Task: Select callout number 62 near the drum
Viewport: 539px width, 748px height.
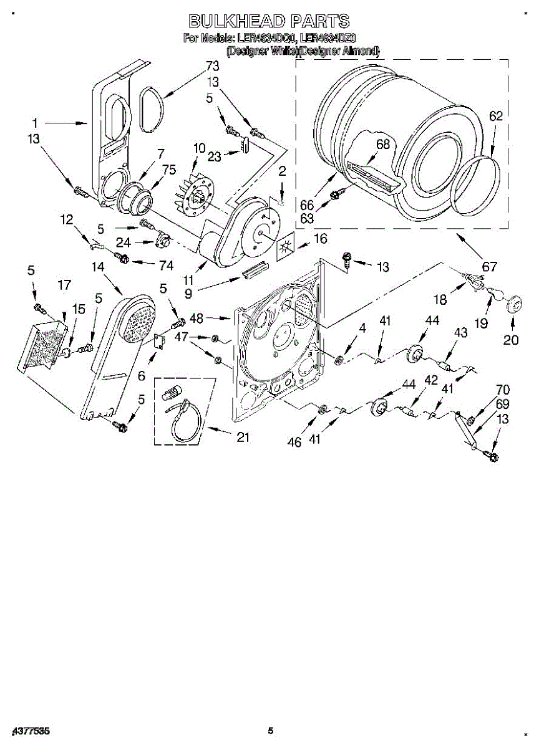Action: [x=495, y=116]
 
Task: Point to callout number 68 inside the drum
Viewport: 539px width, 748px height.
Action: [x=382, y=145]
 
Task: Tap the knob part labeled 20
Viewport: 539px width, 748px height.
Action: [x=513, y=305]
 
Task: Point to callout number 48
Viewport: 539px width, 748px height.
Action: [x=197, y=318]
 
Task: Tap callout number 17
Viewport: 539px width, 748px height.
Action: [x=64, y=285]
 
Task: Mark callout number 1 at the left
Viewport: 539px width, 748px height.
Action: [x=36, y=123]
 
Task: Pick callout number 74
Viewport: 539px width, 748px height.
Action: [x=165, y=265]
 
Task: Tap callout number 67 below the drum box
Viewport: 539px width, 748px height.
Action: [x=490, y=267]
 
